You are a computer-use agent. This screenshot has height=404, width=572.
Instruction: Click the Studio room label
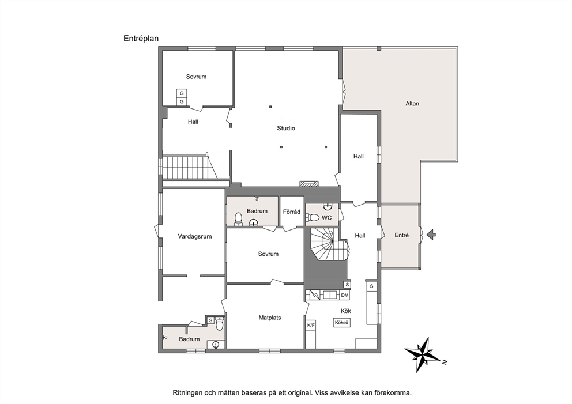click(x=286, y=129)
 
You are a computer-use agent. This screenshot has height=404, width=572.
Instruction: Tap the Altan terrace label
click(x=412, y=104)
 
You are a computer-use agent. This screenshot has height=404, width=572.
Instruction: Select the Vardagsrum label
click(x=195, y=236)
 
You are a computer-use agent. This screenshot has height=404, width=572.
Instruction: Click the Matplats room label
click(x=270, y=318)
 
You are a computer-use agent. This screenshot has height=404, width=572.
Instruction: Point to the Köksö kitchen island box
click(x=342, y=323)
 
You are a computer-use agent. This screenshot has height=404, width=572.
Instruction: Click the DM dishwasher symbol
click(x=345, y=295)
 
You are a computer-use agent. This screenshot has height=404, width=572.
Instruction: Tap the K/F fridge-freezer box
click(x=311, y=325)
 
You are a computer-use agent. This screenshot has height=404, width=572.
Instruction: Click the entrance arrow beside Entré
click(x=431, y=235)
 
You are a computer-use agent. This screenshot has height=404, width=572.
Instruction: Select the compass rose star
click(x=423, y=354)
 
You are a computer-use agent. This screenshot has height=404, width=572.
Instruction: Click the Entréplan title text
click(x=141, y=39)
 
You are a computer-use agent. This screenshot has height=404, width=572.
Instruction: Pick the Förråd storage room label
click(x=291, y=212)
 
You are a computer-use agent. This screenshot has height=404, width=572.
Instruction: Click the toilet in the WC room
click(x=313, y=218)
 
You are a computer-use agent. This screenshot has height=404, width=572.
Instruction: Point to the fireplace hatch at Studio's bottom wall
click(x=308, y=184)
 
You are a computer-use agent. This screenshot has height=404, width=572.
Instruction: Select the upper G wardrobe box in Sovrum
click(x=182, y=93)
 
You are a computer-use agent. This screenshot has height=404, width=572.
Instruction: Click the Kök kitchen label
click(x=346, y=311)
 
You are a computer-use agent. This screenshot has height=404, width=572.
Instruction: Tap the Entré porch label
click(x=402, y=236)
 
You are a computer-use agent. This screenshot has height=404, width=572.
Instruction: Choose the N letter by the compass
click(x=445, y=362)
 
